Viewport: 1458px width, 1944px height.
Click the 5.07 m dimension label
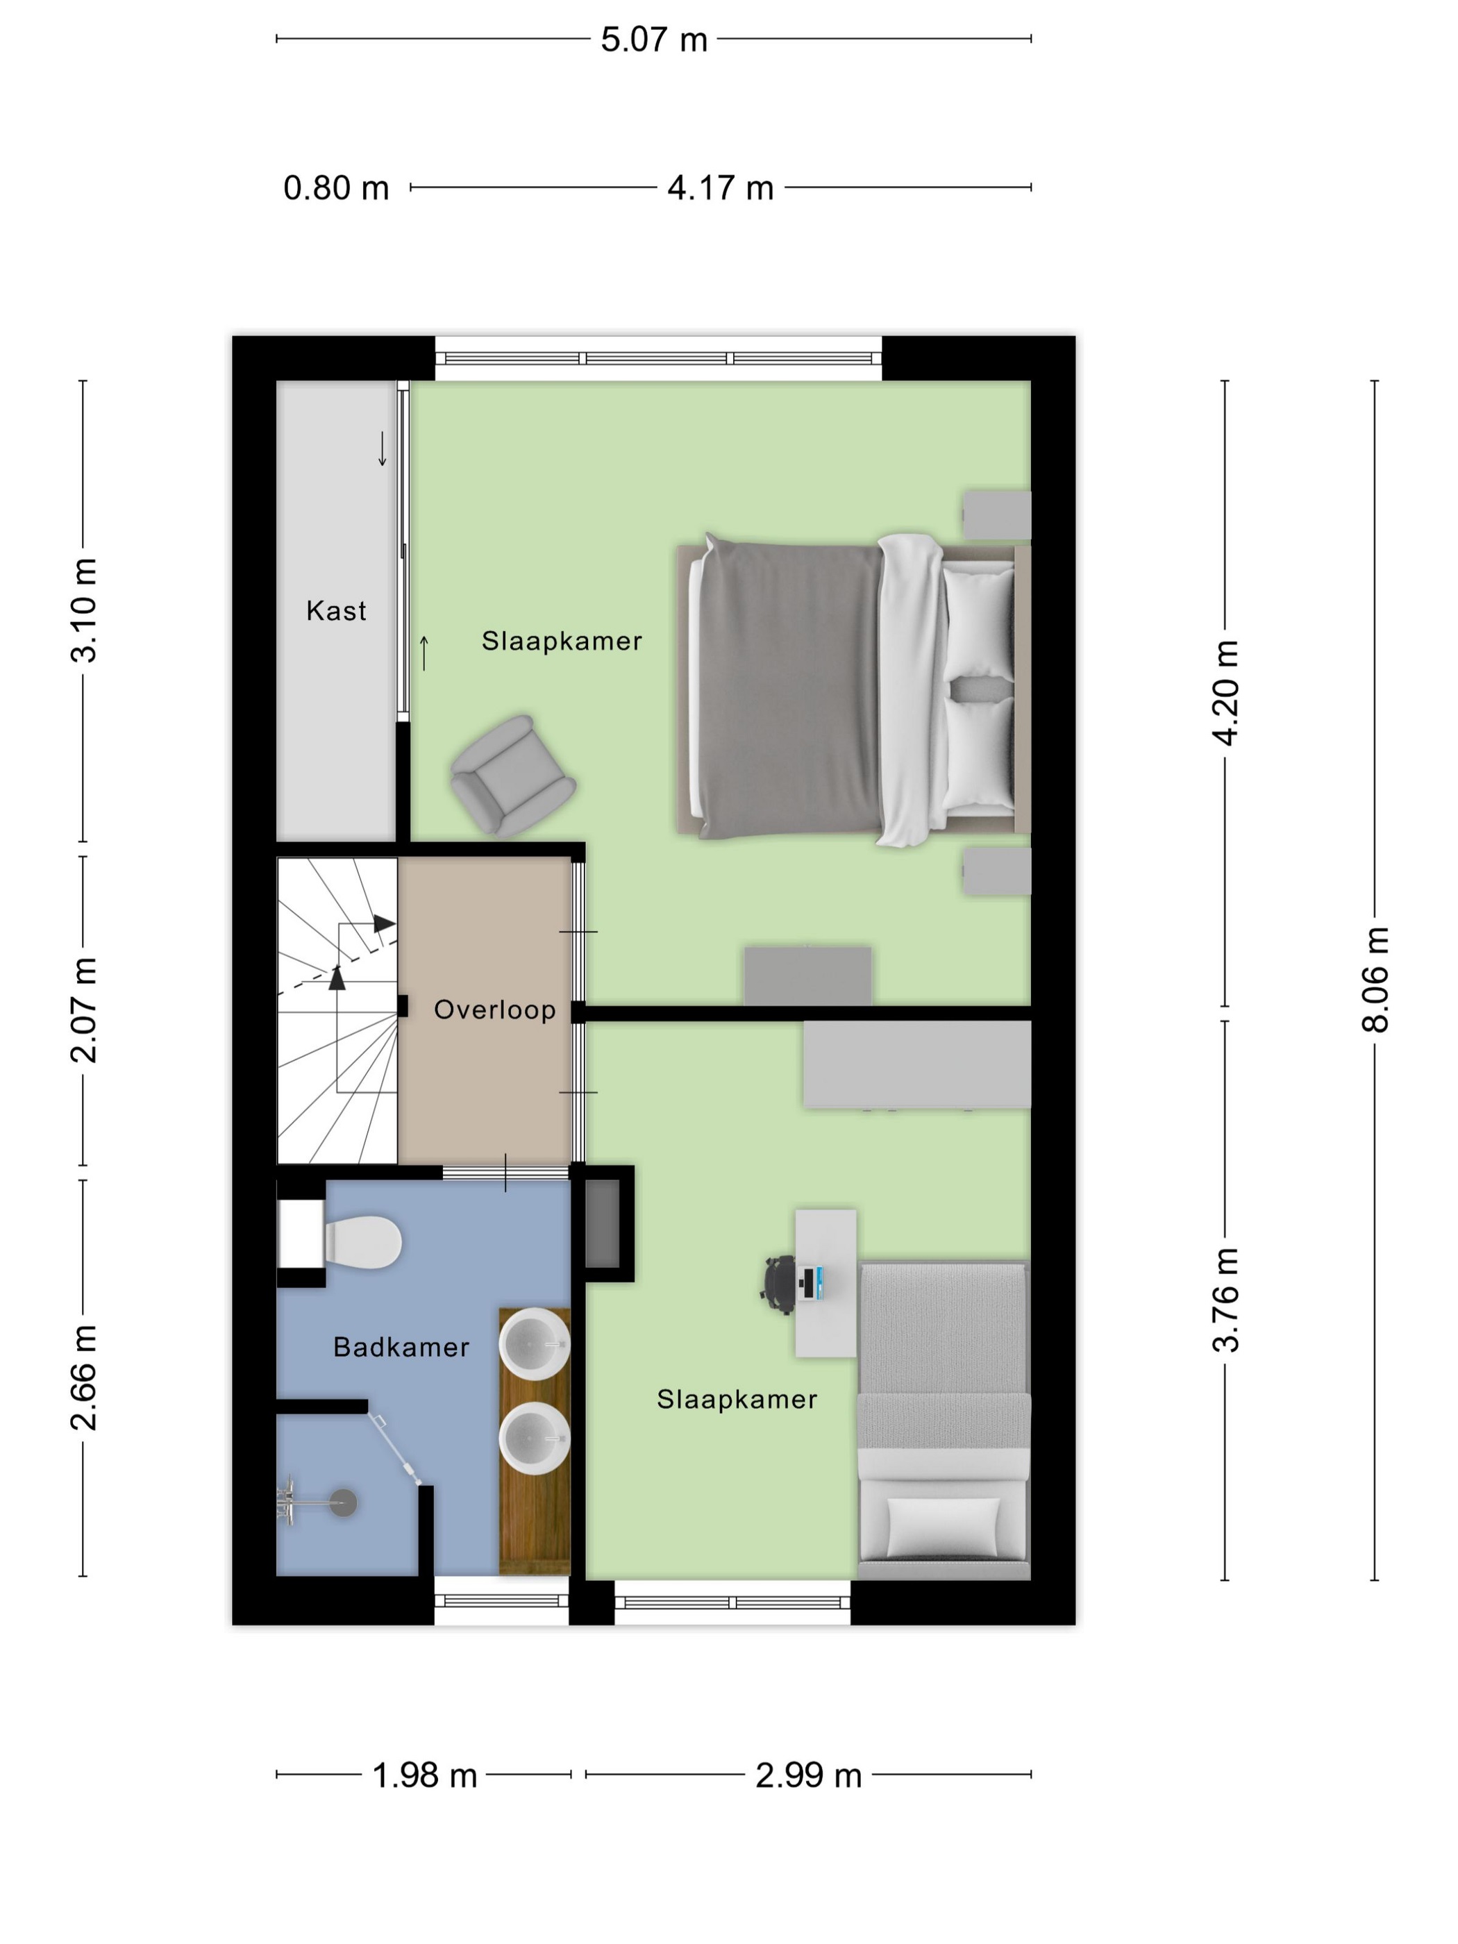pyautogui.click(x=654, y=40)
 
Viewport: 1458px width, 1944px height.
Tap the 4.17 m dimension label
pyautogui.click(x=720, y=188)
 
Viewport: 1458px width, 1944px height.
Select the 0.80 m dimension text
pyautogui.click(x=336, y=188)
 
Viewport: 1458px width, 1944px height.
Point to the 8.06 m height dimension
pyautogui.click(x=1375, y=979)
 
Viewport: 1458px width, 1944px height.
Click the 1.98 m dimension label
pyautogui.click(x=424, y=1775)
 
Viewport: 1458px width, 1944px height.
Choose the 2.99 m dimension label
pyautogui.click(x=809, y=1775)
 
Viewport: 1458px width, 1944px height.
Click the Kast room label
pyautogui.click(x=336, y=611)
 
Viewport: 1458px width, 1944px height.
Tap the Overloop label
pyautogui.click(x=495, y=1009)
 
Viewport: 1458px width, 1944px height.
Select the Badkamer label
pyautogui.click(x=401, y=1348)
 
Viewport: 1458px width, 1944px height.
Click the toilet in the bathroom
pyautogui.click(x=363, y=1243)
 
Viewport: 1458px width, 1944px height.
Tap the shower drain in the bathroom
pyautogui.click(x=343, y=1503)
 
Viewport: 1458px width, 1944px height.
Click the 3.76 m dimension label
pyautogui.click(x=1225, y=1300)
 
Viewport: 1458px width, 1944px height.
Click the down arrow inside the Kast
pyautogui.click(x=383, y=449)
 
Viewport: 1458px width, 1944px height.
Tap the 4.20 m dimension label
pyautogui.click(x=1225, y=694)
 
